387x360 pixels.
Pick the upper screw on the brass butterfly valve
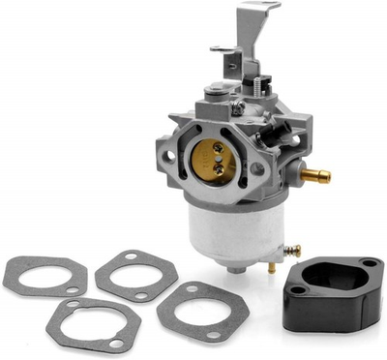219,147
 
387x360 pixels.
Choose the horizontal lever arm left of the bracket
223,49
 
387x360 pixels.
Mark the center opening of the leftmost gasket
44,276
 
